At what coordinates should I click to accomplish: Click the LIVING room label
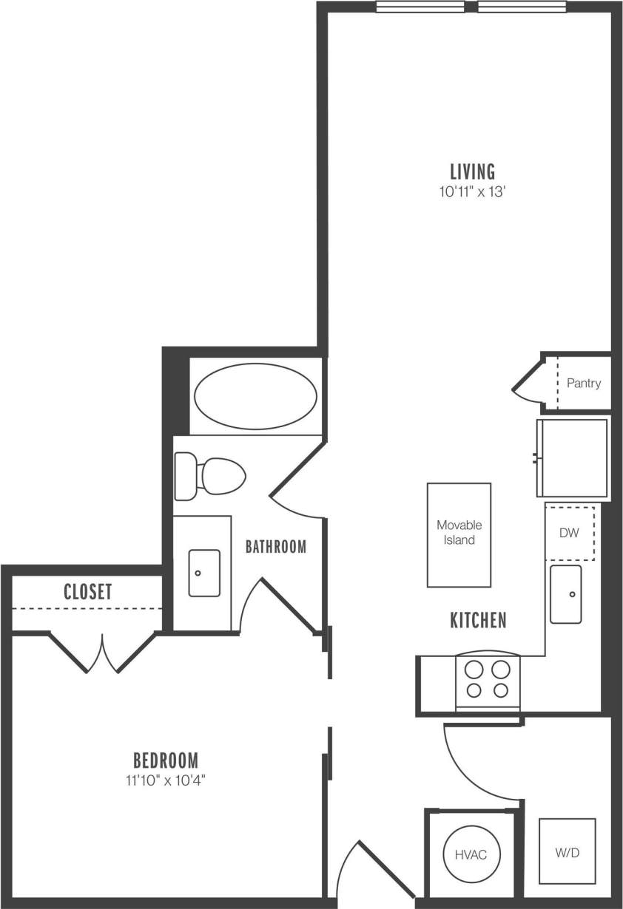[x=473, y=171]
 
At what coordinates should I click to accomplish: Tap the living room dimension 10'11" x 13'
[x=473, y=192]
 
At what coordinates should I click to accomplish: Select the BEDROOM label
[x=165, y=760]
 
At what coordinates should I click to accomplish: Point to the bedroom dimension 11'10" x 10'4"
[x=165, y=779]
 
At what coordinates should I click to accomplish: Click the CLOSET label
[x=87, y=591]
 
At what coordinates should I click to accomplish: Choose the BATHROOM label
[x=275, y=547]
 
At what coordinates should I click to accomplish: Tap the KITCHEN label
[x=478, y=620]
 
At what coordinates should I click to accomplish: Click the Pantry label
[x=583, y=384]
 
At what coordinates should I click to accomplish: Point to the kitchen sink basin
[x=566, y=593]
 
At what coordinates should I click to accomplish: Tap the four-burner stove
[x=487, y=680]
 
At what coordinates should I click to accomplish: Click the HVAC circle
[x=471, y=854]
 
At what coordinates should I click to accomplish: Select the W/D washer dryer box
[x=567, y=851]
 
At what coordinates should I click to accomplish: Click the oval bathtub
[x=255, y=396]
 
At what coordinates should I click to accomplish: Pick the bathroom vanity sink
[x=203, y=573]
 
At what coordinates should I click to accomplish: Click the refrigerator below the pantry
[x=573, y=458]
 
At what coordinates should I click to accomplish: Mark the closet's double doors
[x=102, y=653]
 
